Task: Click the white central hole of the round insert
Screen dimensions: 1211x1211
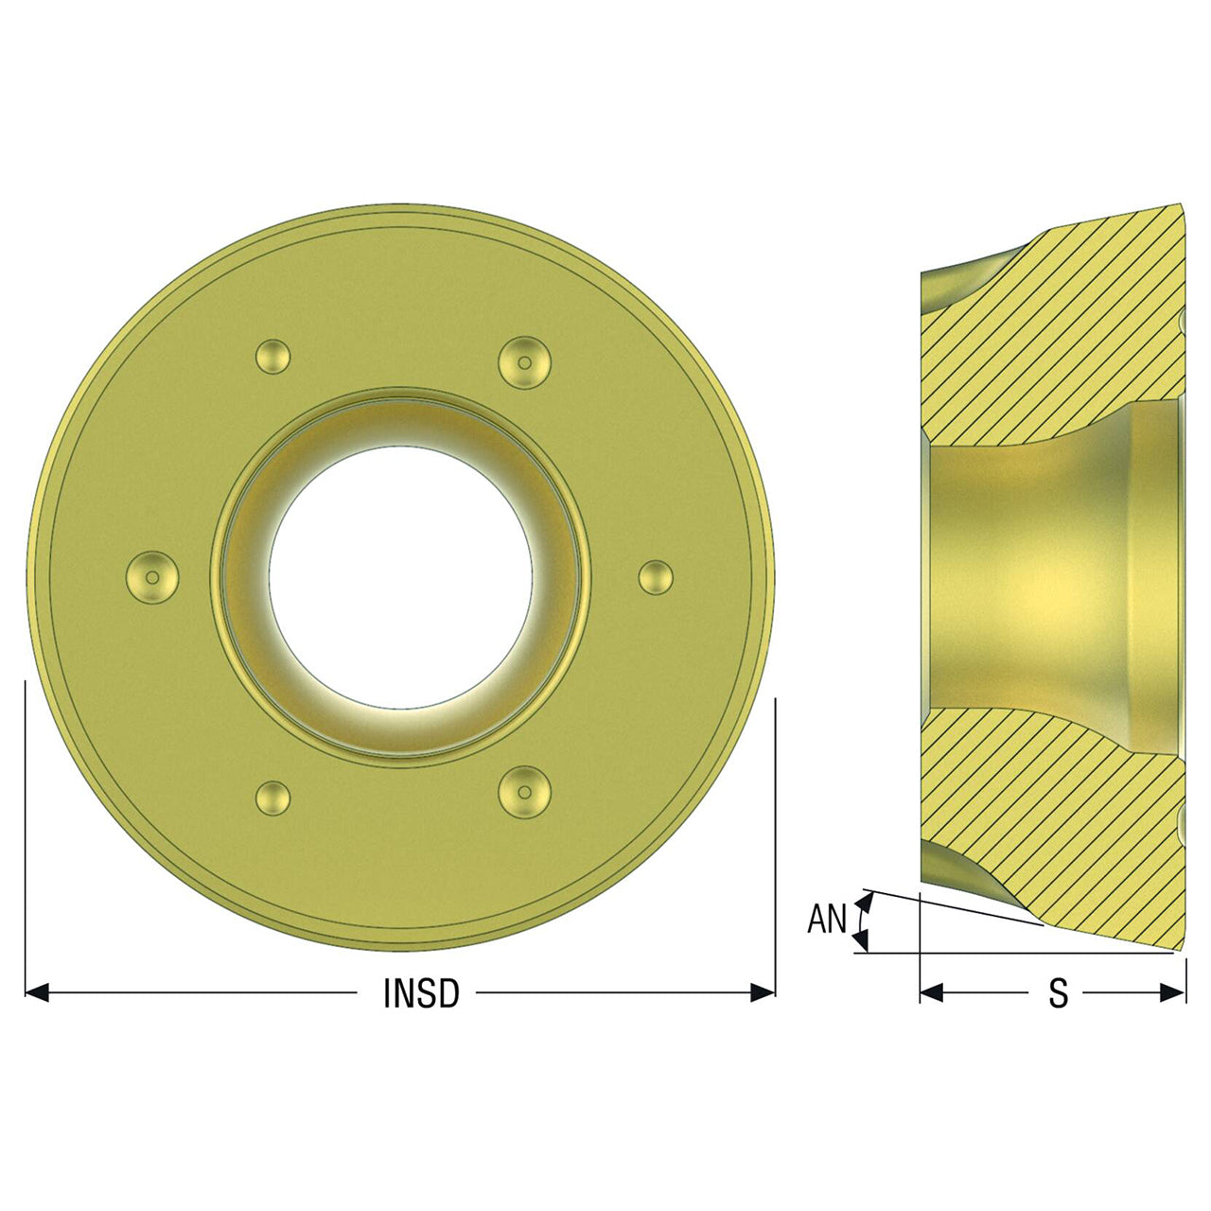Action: point(400,577)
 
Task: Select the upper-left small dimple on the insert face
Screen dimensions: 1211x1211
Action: point(272,357)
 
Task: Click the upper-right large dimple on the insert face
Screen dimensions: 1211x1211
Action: point(525,362)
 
